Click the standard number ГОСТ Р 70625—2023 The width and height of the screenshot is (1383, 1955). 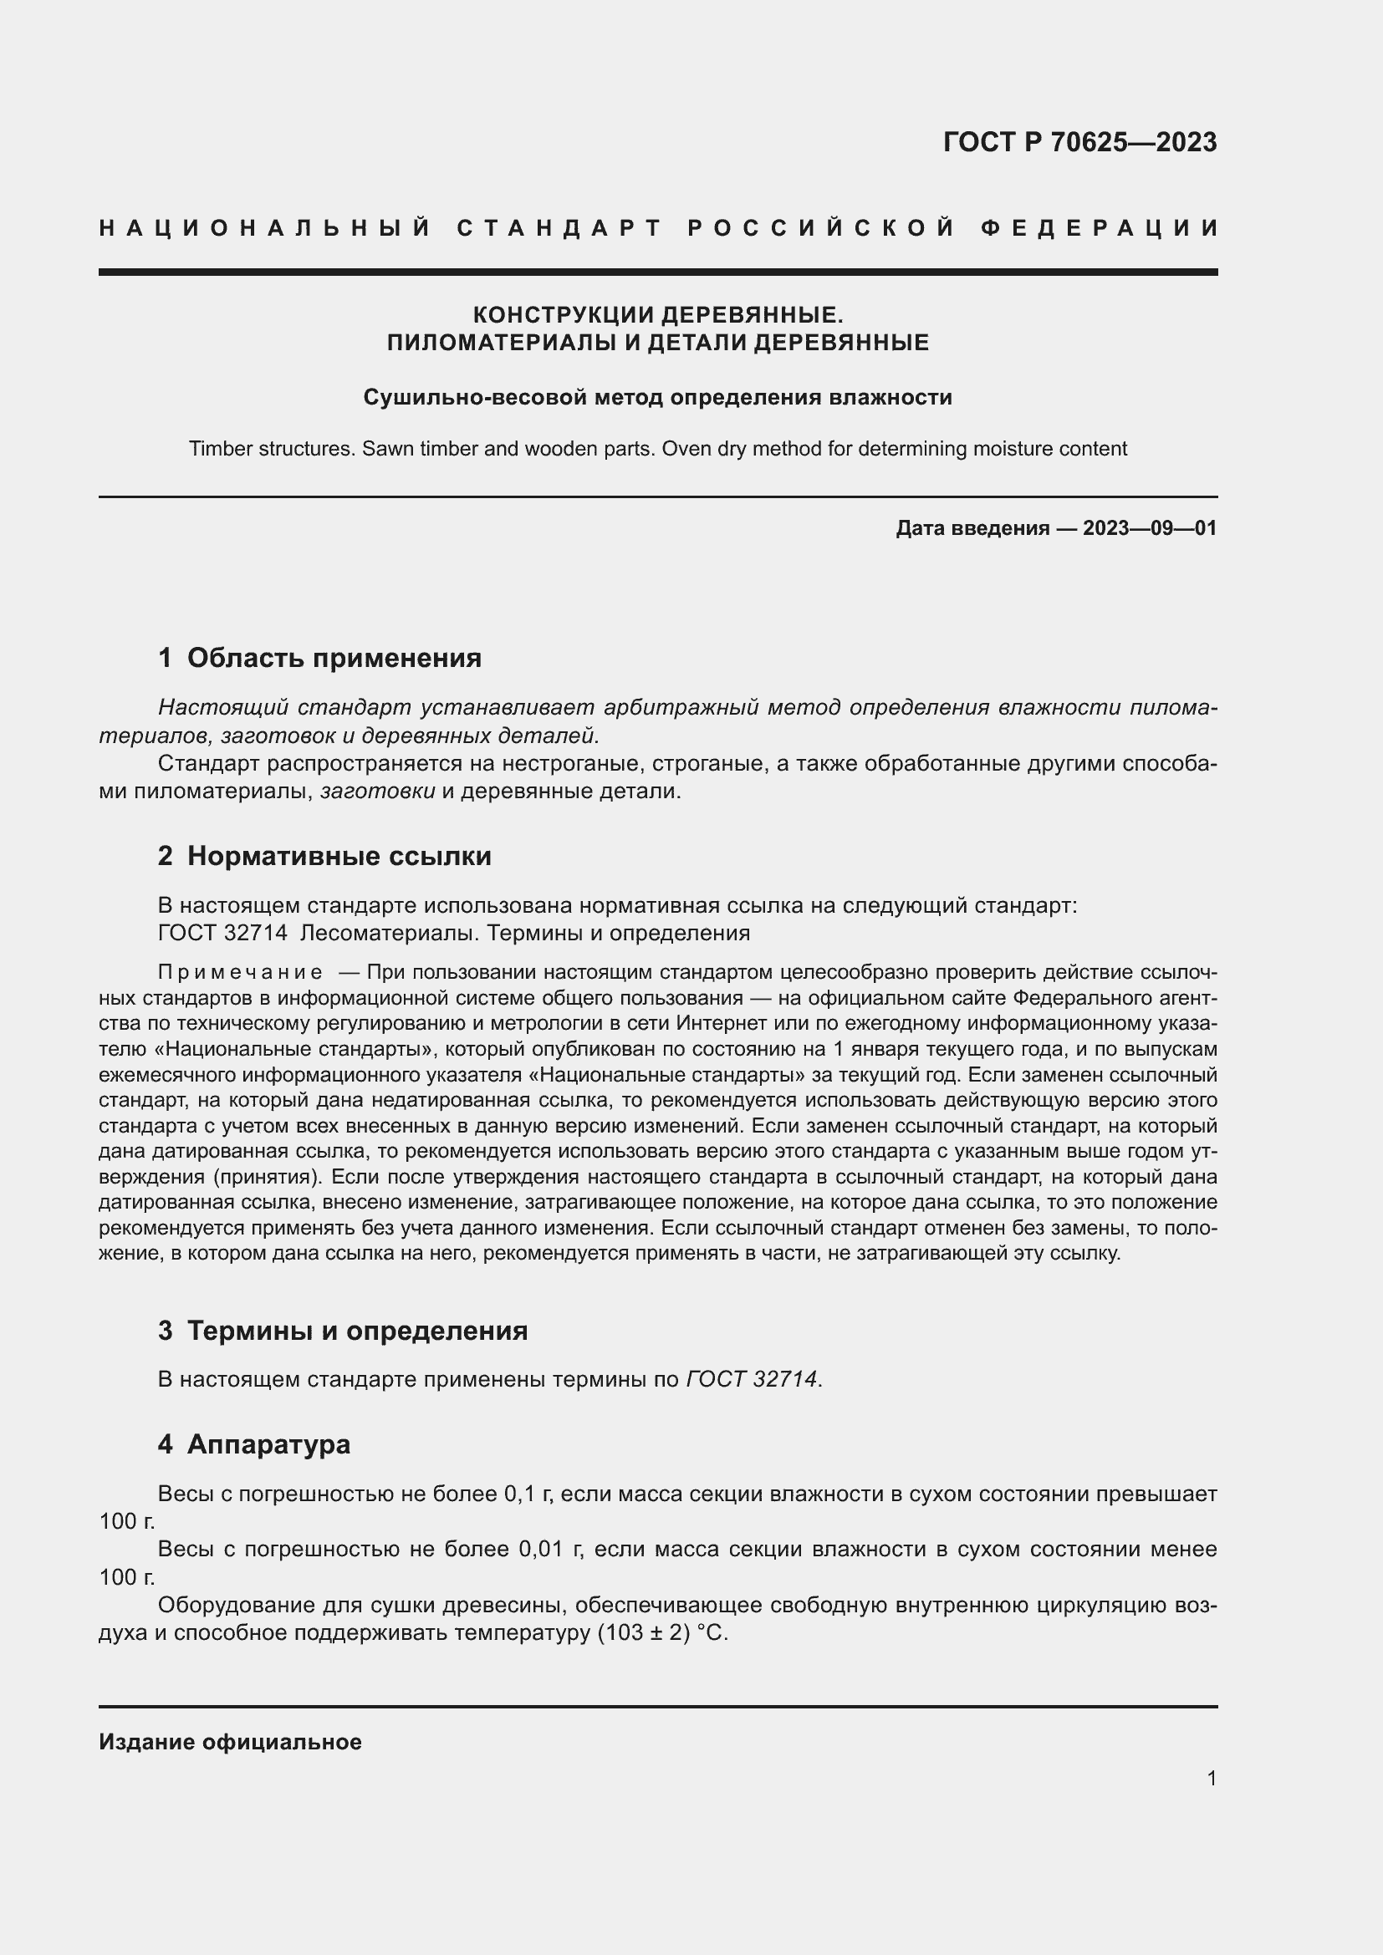[1079, 142]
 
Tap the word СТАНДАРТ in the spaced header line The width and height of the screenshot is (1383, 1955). [559, 228]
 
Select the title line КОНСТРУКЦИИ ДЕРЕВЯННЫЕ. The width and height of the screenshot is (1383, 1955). [657, 315]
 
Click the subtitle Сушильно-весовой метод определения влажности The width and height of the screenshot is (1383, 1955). [657, 398]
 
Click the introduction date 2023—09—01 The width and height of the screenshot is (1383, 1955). [1149, 528]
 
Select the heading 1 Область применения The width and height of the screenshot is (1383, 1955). [319, 658]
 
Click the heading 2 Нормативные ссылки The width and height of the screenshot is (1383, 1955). [324, 856]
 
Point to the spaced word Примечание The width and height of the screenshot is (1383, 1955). [240, 972]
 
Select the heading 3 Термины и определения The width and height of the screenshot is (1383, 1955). [342, 1331]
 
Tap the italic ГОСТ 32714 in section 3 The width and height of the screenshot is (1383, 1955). [751, 1379]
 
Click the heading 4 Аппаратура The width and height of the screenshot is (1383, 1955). [254, 1445]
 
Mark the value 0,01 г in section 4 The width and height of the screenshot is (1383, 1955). [550, 1550]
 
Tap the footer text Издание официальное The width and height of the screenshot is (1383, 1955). [230, 1742]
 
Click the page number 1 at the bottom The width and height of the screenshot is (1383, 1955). [1211, 1779]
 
